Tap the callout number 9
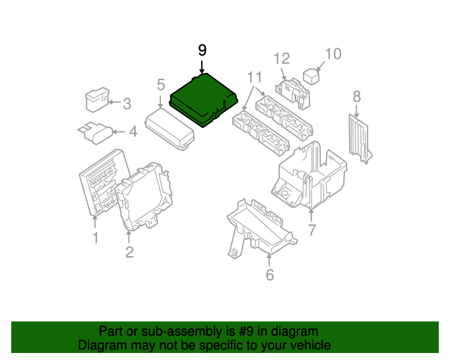click(x=202, y=50)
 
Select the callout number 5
click(x=161, y=85)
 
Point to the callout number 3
click(x=127, y=105)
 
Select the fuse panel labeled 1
click(x=101, y=181)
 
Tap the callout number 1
click(x=96, y=239)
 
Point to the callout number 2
click(x=129, y=252)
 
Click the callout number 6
click(x=269, y=275)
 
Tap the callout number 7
click(x=311, y=230)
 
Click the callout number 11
click(x=254, y=77)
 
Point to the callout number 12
click(x=281, y=58)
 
